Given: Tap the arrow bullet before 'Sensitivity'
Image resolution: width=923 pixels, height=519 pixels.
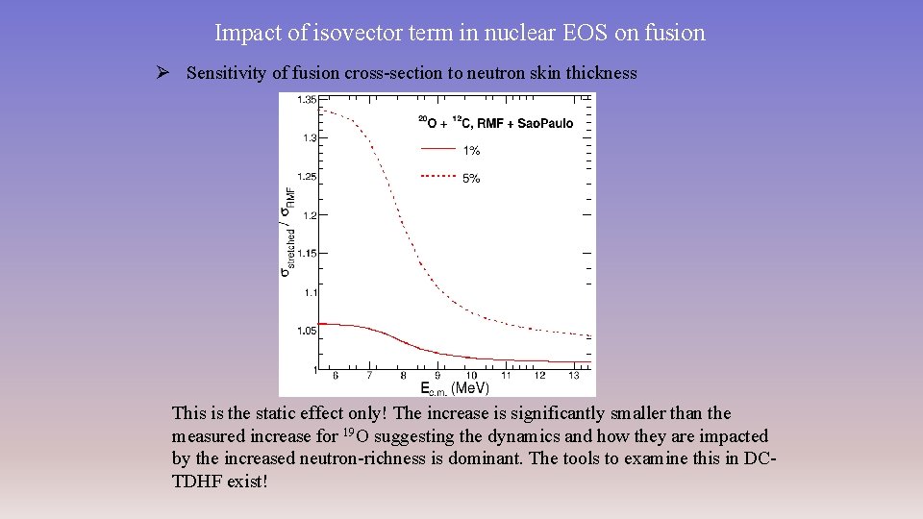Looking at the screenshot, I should pyautogui.click(x=163, y=73).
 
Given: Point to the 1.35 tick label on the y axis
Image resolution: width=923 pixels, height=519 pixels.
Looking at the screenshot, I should pyautogui.click(x=308, y=100).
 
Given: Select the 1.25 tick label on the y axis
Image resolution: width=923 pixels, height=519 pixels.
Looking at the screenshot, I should pyautogui.click(x=308, y=177).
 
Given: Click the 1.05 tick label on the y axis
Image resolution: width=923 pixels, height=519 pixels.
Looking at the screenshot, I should pyautogui.click(x=308, y=331).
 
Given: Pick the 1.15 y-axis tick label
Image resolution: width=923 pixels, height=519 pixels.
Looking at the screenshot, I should pyautogui.click(x=308, y=254).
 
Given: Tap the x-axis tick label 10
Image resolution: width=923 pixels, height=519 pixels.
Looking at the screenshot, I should pyautogui.click(x=471, y=376).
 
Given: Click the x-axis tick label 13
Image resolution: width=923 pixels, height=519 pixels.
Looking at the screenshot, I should pyautogui.click(x=573, y=376).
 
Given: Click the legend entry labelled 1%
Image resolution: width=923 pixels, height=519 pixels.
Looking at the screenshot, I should pyautogui.click(x=471, y=151).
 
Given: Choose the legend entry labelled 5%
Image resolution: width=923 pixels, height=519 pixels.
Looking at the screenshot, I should pyautogui.click(x=471, y=178).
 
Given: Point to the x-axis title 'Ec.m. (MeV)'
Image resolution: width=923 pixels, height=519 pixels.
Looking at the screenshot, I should pyautogui.click(x=454, y=388).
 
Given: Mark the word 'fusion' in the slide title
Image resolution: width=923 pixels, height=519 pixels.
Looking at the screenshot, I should pyautogui.click(x=676, y=33).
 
